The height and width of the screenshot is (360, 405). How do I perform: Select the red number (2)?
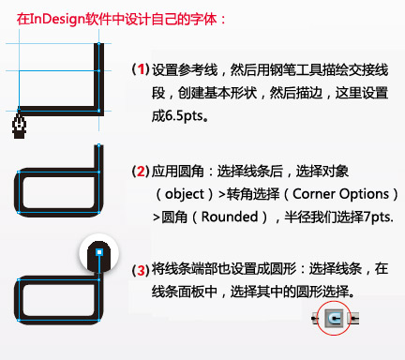tap(140, 171)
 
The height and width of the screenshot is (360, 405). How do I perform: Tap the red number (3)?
tap(140, 272)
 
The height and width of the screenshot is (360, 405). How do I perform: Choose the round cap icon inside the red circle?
tap(335, 319)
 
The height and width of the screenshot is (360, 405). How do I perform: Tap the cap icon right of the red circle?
tap(353, 319)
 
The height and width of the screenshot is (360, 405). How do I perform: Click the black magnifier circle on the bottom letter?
tap(100, 254)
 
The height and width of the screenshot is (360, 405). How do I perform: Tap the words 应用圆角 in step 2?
tap(173, 171)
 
